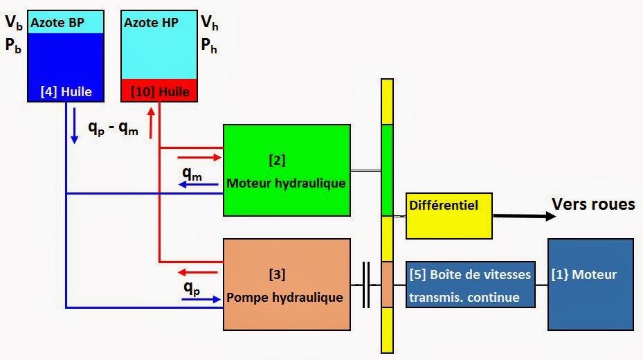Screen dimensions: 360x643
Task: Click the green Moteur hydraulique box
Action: click(286, 170)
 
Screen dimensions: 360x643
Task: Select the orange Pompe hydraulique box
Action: click(286, 285)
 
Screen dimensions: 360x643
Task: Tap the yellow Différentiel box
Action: click(449, 215)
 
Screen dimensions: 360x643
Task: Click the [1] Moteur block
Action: click(590, 284)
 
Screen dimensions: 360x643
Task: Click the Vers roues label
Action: click(593, 204)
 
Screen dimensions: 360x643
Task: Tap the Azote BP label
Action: click(57, 23)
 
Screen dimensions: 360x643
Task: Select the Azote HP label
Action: click(151, 23)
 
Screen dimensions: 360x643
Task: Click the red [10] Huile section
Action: click(159, 91)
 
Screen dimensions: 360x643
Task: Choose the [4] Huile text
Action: click(66, 91)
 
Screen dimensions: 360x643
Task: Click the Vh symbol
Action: click(207, 23)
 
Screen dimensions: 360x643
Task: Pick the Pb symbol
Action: click(14, 49)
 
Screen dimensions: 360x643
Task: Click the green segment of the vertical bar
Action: click(387, 170)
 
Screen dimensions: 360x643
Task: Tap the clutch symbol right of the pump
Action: click(365, 285)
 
